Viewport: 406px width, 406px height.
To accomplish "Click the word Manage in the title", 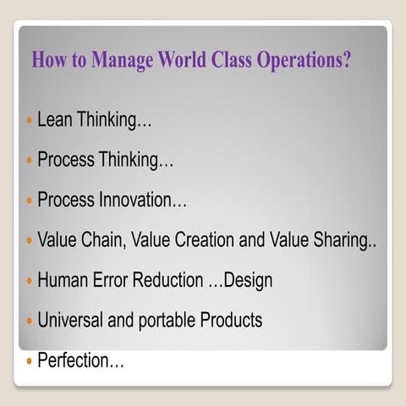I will pyautogui.click(x=118, y=62).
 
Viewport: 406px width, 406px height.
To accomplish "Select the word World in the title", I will pyautogui.click(x=182, y=62).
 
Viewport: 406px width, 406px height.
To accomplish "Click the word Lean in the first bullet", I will pyautogui.click(x=55, y=120).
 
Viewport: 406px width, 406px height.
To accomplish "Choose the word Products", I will pyautogui.click(x=231, y=321).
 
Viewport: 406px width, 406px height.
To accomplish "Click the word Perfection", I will pyautogui.click(x=79, y=361).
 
